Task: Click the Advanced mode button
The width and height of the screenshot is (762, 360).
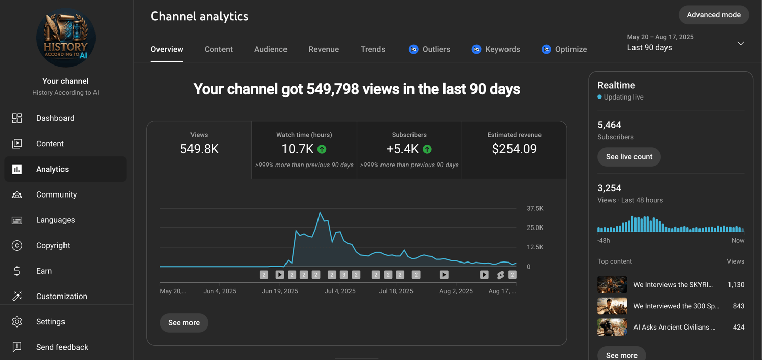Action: pyautogui.click(x=713, y=15)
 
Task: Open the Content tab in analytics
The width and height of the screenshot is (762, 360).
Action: pyautogui.click(x=218, y=49)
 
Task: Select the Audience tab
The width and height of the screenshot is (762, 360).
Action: pyautogui.click(x=270, y=49)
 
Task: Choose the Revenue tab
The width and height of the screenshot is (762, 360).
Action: pyautogui.click(x=324, y=49)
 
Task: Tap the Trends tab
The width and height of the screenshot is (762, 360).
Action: pyautogui.click(x=373, y=49)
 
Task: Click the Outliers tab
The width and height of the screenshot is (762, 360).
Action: pyautogui.click(x=430, y=49)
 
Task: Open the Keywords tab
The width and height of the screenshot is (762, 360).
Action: pyautogui.click(x=496, y=49)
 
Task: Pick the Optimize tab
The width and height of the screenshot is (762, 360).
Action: pyautogui.click(x=564, y=49)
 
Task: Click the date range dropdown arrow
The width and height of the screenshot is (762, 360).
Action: pyautogui.click(x=741, y=43)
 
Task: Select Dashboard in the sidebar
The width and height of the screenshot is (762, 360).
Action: pyautogui.click(x=55, y=118)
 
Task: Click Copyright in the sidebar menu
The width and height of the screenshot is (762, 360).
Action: pyautogui.click(x=53, y=245)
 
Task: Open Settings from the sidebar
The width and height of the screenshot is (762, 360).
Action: pyautogui.click(x=50, y=322)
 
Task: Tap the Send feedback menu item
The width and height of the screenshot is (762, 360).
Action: pyautogui.click(x=62, y=347)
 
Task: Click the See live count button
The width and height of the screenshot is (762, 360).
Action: pyautogui.click(x=629, y=157)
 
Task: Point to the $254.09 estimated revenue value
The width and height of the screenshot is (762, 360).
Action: pyautogui.click(x=514, y=149)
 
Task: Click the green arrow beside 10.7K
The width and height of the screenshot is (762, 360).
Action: pyautogui.click(x=322, y=149)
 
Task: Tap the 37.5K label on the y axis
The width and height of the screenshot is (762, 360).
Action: pyautogui.click(x=535, y=209)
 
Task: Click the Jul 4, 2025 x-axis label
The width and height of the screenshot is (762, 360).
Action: pyautogui.click(x=340, y=291)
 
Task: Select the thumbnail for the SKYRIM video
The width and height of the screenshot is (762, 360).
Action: pyautogui.click(x=612, y=285)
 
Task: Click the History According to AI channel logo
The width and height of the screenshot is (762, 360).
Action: pyautogui.click(x=66, y=38)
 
